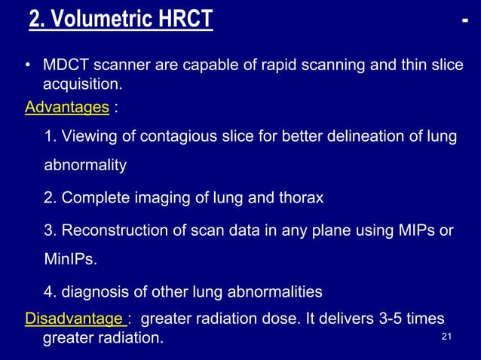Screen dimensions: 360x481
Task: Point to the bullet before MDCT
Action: click(28, 68)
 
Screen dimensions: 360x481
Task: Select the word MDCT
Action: click(63, 67)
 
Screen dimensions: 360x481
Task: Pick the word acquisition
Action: click(82, 87)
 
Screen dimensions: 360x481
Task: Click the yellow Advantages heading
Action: click(66, 108)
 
